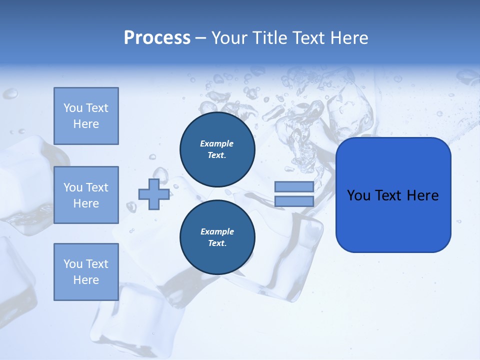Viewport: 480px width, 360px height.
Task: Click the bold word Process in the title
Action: (157, 38)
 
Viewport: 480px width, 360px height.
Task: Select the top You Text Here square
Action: (86, 116)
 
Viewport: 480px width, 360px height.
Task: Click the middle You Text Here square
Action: (86, 195)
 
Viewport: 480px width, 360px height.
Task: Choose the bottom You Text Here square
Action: (86, 272)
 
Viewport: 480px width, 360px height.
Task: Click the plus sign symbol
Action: (154, 194)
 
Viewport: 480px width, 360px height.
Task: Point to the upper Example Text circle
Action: (217, 149)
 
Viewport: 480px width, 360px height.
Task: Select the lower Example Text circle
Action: (217, 237)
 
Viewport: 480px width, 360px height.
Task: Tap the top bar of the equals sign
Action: (294, 186)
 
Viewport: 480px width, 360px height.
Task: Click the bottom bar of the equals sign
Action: (294, 201)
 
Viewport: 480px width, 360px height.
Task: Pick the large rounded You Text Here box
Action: (393, 195)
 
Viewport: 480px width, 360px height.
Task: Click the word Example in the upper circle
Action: (217, 143)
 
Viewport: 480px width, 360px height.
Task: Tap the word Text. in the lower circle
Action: (217, 243)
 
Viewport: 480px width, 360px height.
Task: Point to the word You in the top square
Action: (72, 108)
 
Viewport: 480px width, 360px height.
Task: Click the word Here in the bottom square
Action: (86, 280)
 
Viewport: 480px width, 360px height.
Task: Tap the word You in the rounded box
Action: (359, 195)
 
